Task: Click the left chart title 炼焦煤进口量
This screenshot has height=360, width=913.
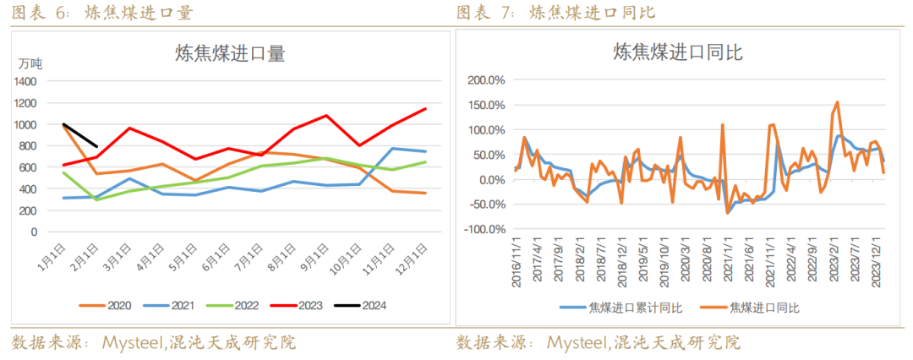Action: pyautogui.click(x=229, y=54)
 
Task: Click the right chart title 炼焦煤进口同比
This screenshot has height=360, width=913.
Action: pyautogui.click(x=677, y=52)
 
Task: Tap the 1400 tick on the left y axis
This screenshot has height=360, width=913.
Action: pyautogui.click(x=25, y=82)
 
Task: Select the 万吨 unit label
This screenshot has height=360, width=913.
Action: pyautogui.click(x=30, y=63)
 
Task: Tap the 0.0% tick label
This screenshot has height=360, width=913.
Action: pyautogui.click(x=491, y=180)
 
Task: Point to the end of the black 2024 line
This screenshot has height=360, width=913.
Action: pyautogui.click(x=98, y=146)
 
